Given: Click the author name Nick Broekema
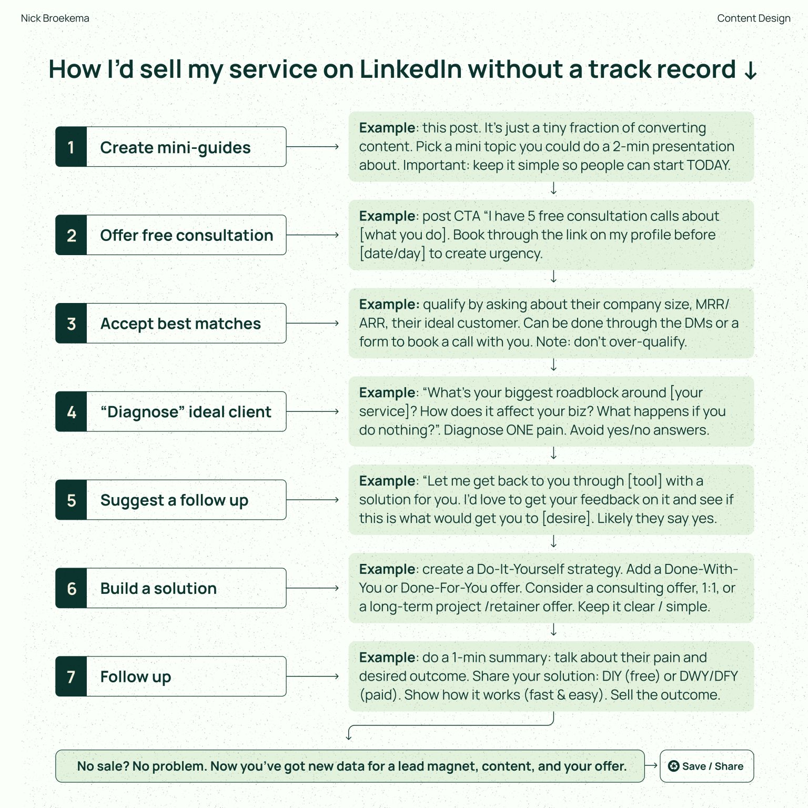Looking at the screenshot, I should [55, 18].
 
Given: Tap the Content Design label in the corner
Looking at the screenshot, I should [753, 18].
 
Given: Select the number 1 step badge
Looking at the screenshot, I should [71, 147].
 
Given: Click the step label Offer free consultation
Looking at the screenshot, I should [186, 235].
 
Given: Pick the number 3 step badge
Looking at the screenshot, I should [71, 324].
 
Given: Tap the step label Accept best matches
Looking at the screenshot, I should [180, 324].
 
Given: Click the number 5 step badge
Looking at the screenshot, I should [71, 500].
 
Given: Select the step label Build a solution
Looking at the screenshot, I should [158, 588].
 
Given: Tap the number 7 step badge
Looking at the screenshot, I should [71, 676].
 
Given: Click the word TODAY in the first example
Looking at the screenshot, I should [708, 165].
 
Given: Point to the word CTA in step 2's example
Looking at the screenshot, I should [467, 216].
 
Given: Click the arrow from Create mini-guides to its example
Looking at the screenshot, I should [312, 147].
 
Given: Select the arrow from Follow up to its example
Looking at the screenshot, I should [312, 676].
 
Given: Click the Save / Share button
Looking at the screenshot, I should [706, 766].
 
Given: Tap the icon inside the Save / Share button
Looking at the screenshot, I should [673, 766].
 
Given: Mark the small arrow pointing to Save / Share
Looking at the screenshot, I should [651, 765].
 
